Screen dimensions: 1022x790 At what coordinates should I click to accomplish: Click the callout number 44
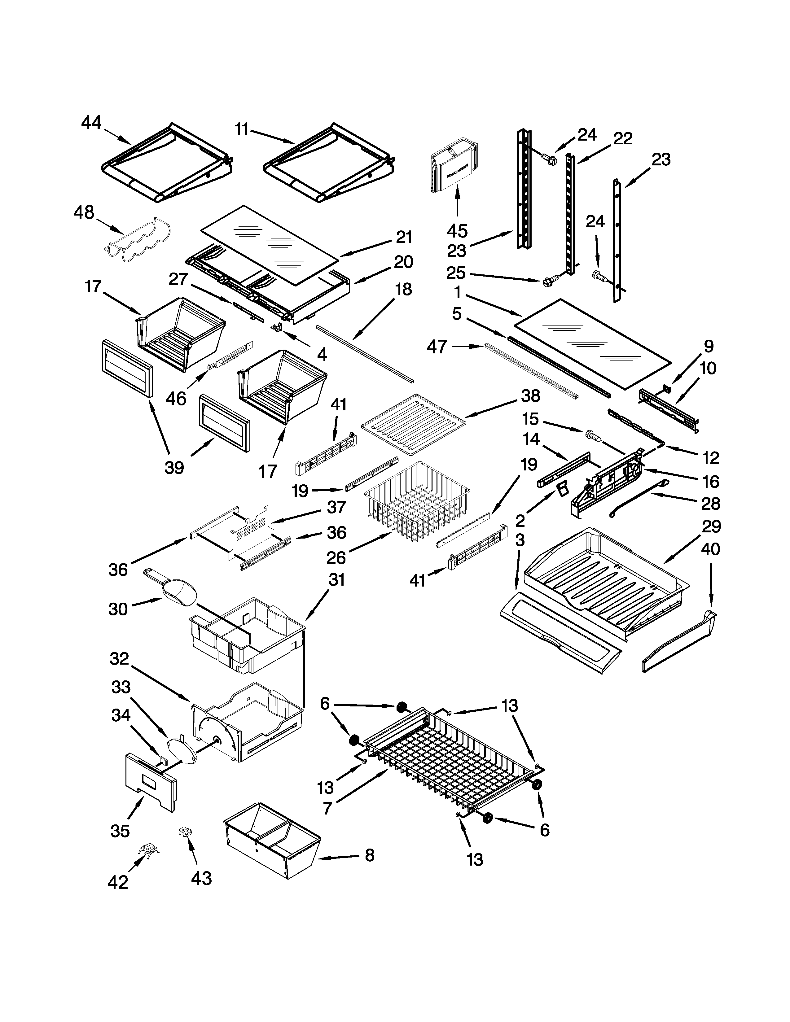[91, 123]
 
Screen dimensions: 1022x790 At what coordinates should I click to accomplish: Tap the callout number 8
[370, 855]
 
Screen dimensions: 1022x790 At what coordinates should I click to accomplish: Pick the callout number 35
[120, 831]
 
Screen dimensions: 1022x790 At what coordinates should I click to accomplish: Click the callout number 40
[710, 549]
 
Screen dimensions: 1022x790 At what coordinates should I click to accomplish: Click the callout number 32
[119, 659]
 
